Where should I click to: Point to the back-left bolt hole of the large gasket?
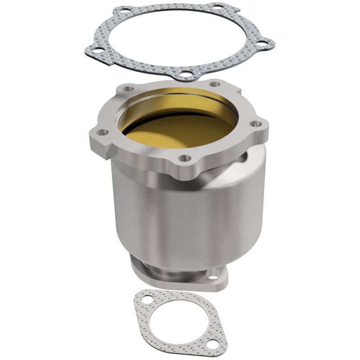click(119, 10)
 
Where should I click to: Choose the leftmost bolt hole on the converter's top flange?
click(102, 132)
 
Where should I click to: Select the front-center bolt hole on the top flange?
click(183, 158)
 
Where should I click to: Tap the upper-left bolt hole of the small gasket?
click(145, 297)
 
